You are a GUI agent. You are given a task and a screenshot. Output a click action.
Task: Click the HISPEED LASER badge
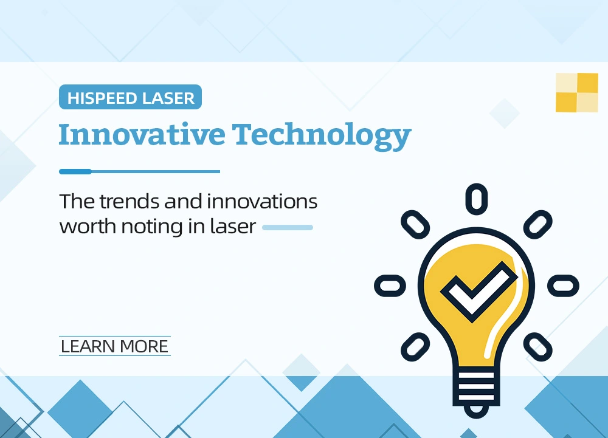[130, 97]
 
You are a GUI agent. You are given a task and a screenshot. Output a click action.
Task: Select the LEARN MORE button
[115, 346]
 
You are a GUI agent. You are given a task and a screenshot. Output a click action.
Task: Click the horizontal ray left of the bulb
[390, 285]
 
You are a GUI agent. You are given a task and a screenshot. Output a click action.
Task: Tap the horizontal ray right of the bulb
[563, 285]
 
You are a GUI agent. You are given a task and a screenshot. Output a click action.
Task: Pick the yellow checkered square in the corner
[576, 92]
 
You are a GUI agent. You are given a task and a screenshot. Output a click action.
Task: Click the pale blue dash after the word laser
[287, 228]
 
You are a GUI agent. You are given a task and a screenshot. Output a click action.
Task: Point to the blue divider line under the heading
[139, 171]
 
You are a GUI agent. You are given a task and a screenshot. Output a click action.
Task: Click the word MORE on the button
[144, 346]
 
